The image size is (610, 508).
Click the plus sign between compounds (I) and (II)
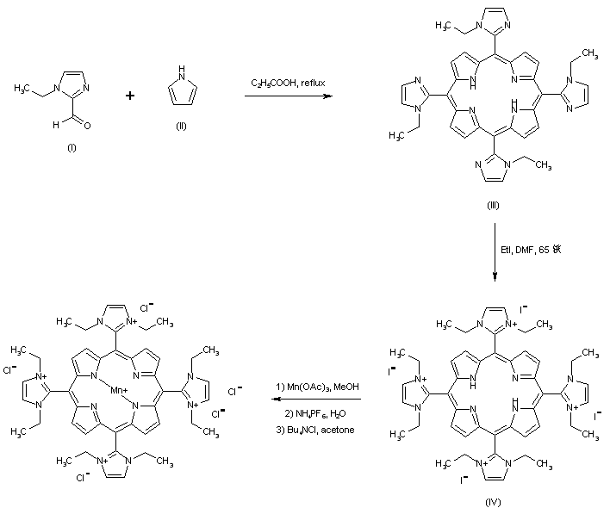pos(130,95)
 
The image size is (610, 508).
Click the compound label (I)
pos(72,148)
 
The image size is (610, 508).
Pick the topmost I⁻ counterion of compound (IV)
pos(523,306)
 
